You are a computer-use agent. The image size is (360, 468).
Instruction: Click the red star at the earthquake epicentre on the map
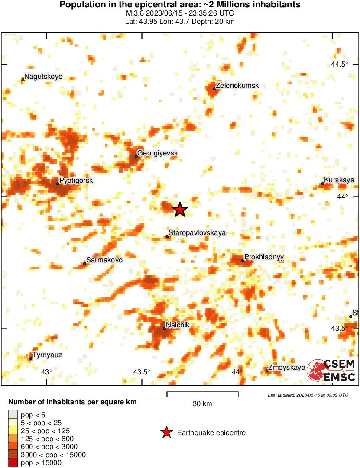[180, 210]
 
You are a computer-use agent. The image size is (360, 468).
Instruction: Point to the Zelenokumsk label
[237, 86]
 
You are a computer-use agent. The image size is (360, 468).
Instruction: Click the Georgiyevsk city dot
[136, 156]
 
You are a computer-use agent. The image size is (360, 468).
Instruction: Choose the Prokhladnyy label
[264, 257]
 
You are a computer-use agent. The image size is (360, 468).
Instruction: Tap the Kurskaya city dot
[323, 184]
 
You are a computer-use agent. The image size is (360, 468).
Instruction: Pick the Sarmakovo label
[104, 260]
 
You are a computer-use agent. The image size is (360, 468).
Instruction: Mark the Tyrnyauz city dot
[31, 358]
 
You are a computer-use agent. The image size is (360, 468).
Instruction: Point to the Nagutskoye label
[43, 77]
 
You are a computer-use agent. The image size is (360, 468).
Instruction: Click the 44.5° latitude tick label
[339, 65]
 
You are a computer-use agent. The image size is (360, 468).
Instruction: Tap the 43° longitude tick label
[46, 372]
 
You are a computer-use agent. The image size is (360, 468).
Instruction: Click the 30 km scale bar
[202, 394]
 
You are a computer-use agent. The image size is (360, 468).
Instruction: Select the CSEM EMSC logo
[331, 371]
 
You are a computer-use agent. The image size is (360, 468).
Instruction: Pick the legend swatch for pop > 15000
[13, 463]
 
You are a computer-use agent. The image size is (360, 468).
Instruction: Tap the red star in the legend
[166, 432]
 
